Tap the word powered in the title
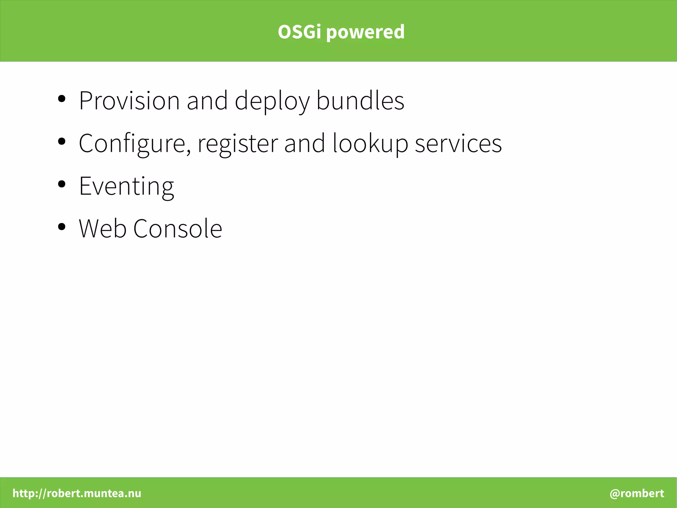pyautogui.click(x=365, y=32)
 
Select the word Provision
pyautogui.click(x=129, y=100)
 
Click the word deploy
pyautogui.click(x=272, y=101)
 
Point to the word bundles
pyautogui.click(x=360, y=100)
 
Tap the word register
pyautogui.click(x=238, y=143)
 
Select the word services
pyautogui.click(x=458, y=143)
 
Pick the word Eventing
pyautogui.click(x=126, y=186)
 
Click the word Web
pyautogui.click(x=102, y=228)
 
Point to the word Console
pyautogui.click(x=178, y=228)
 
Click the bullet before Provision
pyautogui.click(x=61, y=99)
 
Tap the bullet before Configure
pyautogui.click(x=61, y=141)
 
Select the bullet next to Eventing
pyautogui.click(x=61, y=184)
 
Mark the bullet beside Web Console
pyautogui.click(x=61, y=227)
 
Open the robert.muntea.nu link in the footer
pyautogui.click(x=77, y=493)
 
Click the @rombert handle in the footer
pyautogui.click(x=637, y=493)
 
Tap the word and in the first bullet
pyautogui.click(x=207, y=100)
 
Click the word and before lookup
pyautogui.click(x=304, y=143)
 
